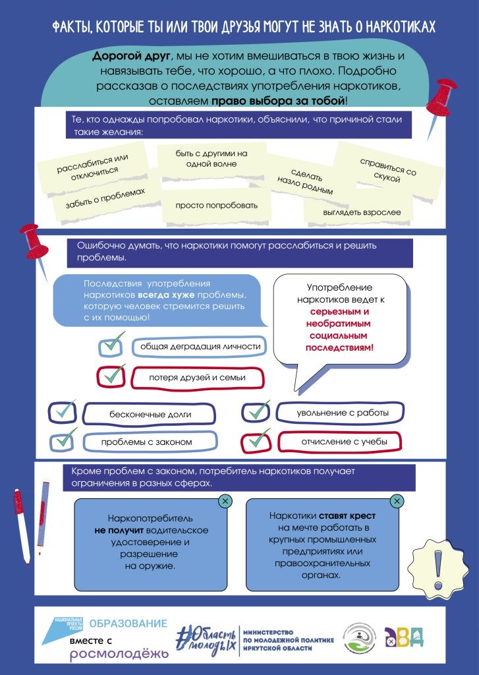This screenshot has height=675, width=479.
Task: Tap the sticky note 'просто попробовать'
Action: coord(216,205)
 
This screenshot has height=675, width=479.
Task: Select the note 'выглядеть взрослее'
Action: coord(357,212)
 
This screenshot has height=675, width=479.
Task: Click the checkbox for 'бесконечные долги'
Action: coord(63,413)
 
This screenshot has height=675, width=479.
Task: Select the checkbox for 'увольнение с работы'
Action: coord(256,412)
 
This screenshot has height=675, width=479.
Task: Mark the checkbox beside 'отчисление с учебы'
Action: coord(256,440)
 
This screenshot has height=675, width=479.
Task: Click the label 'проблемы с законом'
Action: coord(146,442)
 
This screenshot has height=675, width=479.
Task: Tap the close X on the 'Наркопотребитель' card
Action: coord(225,502)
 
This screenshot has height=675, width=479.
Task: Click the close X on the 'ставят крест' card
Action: coord(397,502)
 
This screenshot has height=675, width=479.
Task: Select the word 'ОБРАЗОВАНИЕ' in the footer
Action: coord(128,623)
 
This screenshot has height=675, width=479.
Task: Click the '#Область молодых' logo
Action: coord(205,637)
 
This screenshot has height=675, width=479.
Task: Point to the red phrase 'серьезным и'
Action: coord(338,311)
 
